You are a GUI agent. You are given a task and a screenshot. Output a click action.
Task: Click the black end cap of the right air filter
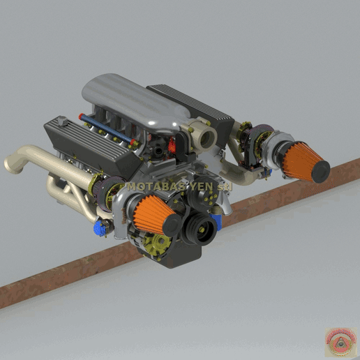point(320,172)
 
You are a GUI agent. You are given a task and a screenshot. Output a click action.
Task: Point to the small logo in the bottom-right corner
point(341,341)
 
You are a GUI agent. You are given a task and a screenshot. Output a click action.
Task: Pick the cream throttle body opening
point(204,134)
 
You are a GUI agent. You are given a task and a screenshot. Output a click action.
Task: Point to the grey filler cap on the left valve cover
point(62,123)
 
